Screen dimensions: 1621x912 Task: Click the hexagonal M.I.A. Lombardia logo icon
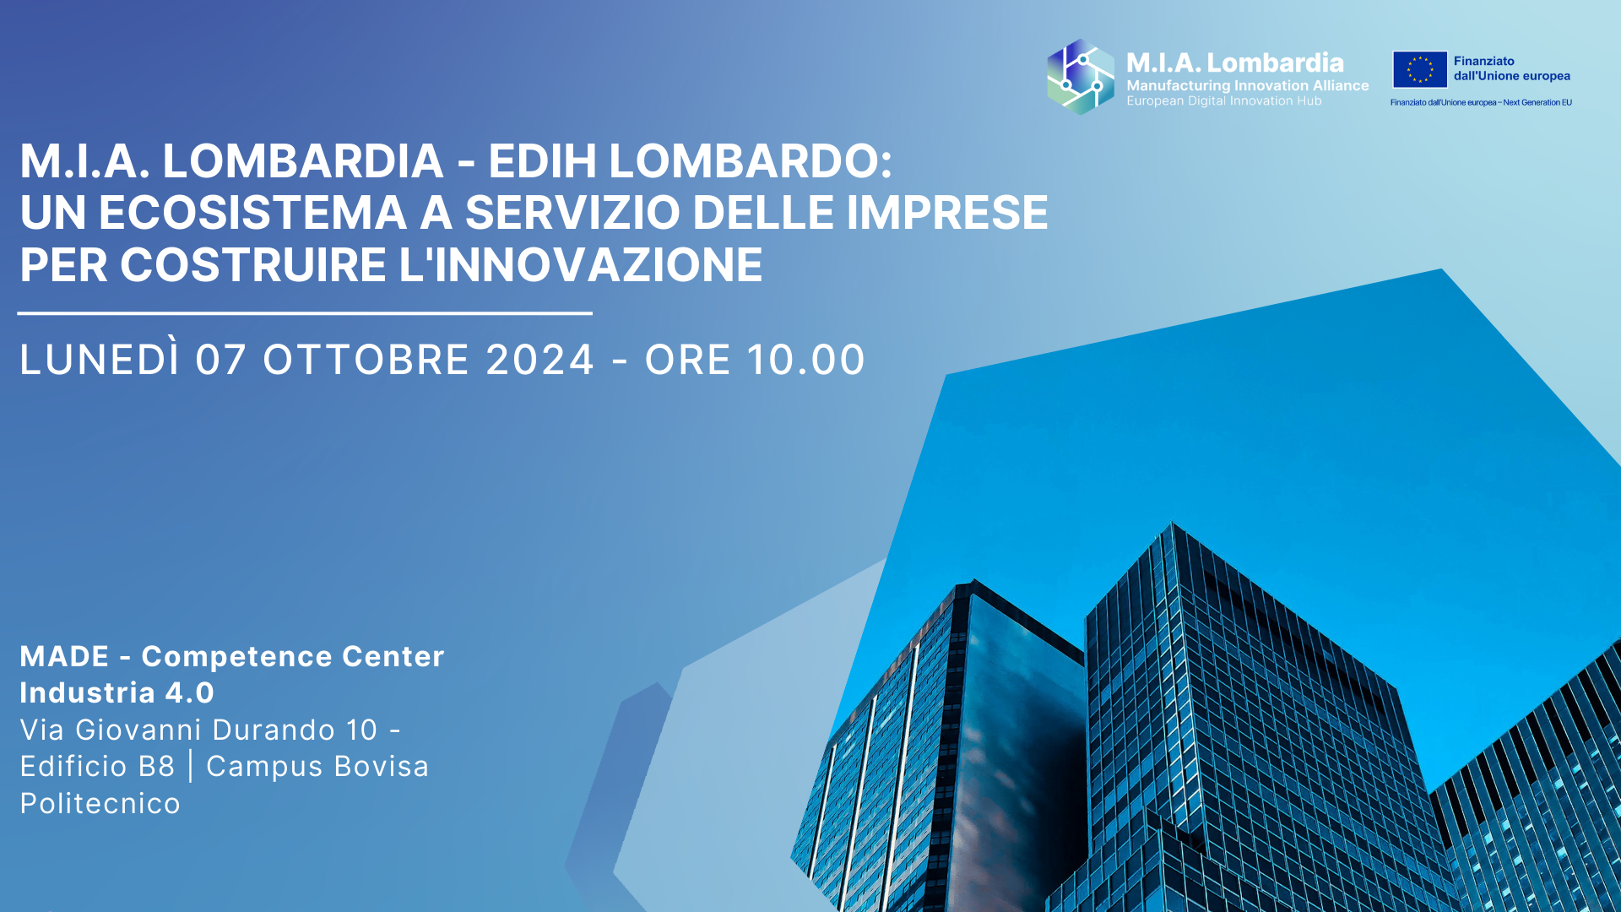(x=1081, y=77)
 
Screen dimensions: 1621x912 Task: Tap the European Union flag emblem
(x=1420, y=69)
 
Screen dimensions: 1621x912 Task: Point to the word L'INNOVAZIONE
(x=581, y=265)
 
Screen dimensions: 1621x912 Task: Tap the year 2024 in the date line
(x=540, y=360)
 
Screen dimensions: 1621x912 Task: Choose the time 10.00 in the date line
(x=805, y=360)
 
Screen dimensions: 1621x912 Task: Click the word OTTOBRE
(x=366, y=360)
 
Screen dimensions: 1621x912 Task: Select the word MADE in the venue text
(x=65, y=656)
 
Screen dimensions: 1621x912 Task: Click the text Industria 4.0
(x=117, y=692)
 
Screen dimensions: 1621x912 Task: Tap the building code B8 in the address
(x=156, y=766)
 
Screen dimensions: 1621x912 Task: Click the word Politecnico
(x=100, y=803)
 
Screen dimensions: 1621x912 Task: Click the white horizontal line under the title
(x=305, y=313)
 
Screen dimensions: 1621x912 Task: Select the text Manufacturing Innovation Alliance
(x=1248, y=85)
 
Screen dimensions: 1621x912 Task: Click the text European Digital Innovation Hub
(x=1224, y=100)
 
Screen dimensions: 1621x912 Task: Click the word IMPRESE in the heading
(x=946, y=213)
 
